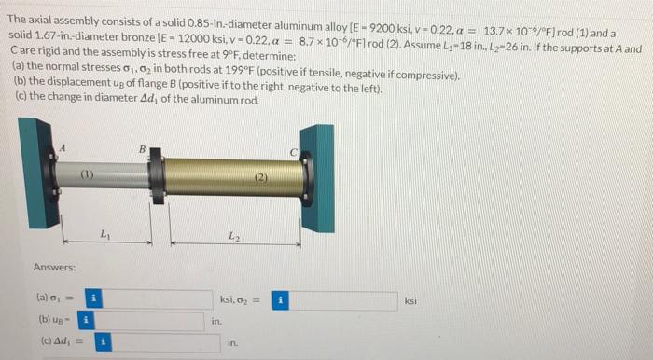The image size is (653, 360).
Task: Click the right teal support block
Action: point(319,177)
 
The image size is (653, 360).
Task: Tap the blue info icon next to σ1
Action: point(93,299)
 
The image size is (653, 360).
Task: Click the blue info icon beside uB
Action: point(85,321)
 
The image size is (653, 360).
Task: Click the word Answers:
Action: point(54,267)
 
